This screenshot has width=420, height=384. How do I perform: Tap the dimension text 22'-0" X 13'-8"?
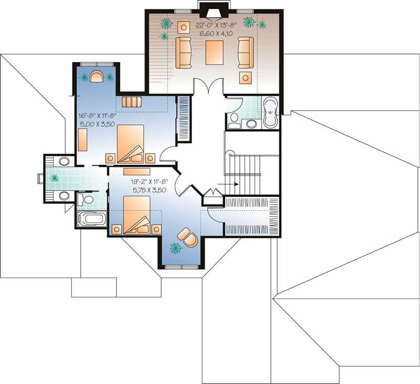(x=216, y=25)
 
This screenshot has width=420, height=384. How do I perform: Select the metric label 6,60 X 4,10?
(x=216, y=33)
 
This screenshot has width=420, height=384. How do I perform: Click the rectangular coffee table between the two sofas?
(x=214, y=52)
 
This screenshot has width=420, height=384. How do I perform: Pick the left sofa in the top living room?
(x=183, y=52)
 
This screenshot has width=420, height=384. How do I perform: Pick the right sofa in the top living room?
(x=246, y=52)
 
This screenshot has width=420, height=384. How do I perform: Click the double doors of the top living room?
(x=209, y=86)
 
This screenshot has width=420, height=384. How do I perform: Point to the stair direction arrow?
(x=232, y=184)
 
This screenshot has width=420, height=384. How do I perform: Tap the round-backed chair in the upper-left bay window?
(x=96, y=77)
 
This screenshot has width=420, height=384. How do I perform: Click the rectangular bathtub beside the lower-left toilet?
(x=91, y=219)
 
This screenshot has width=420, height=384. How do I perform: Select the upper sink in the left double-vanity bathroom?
(x=65, y=161)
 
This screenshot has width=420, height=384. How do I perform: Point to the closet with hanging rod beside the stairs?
(x=252, y=216)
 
